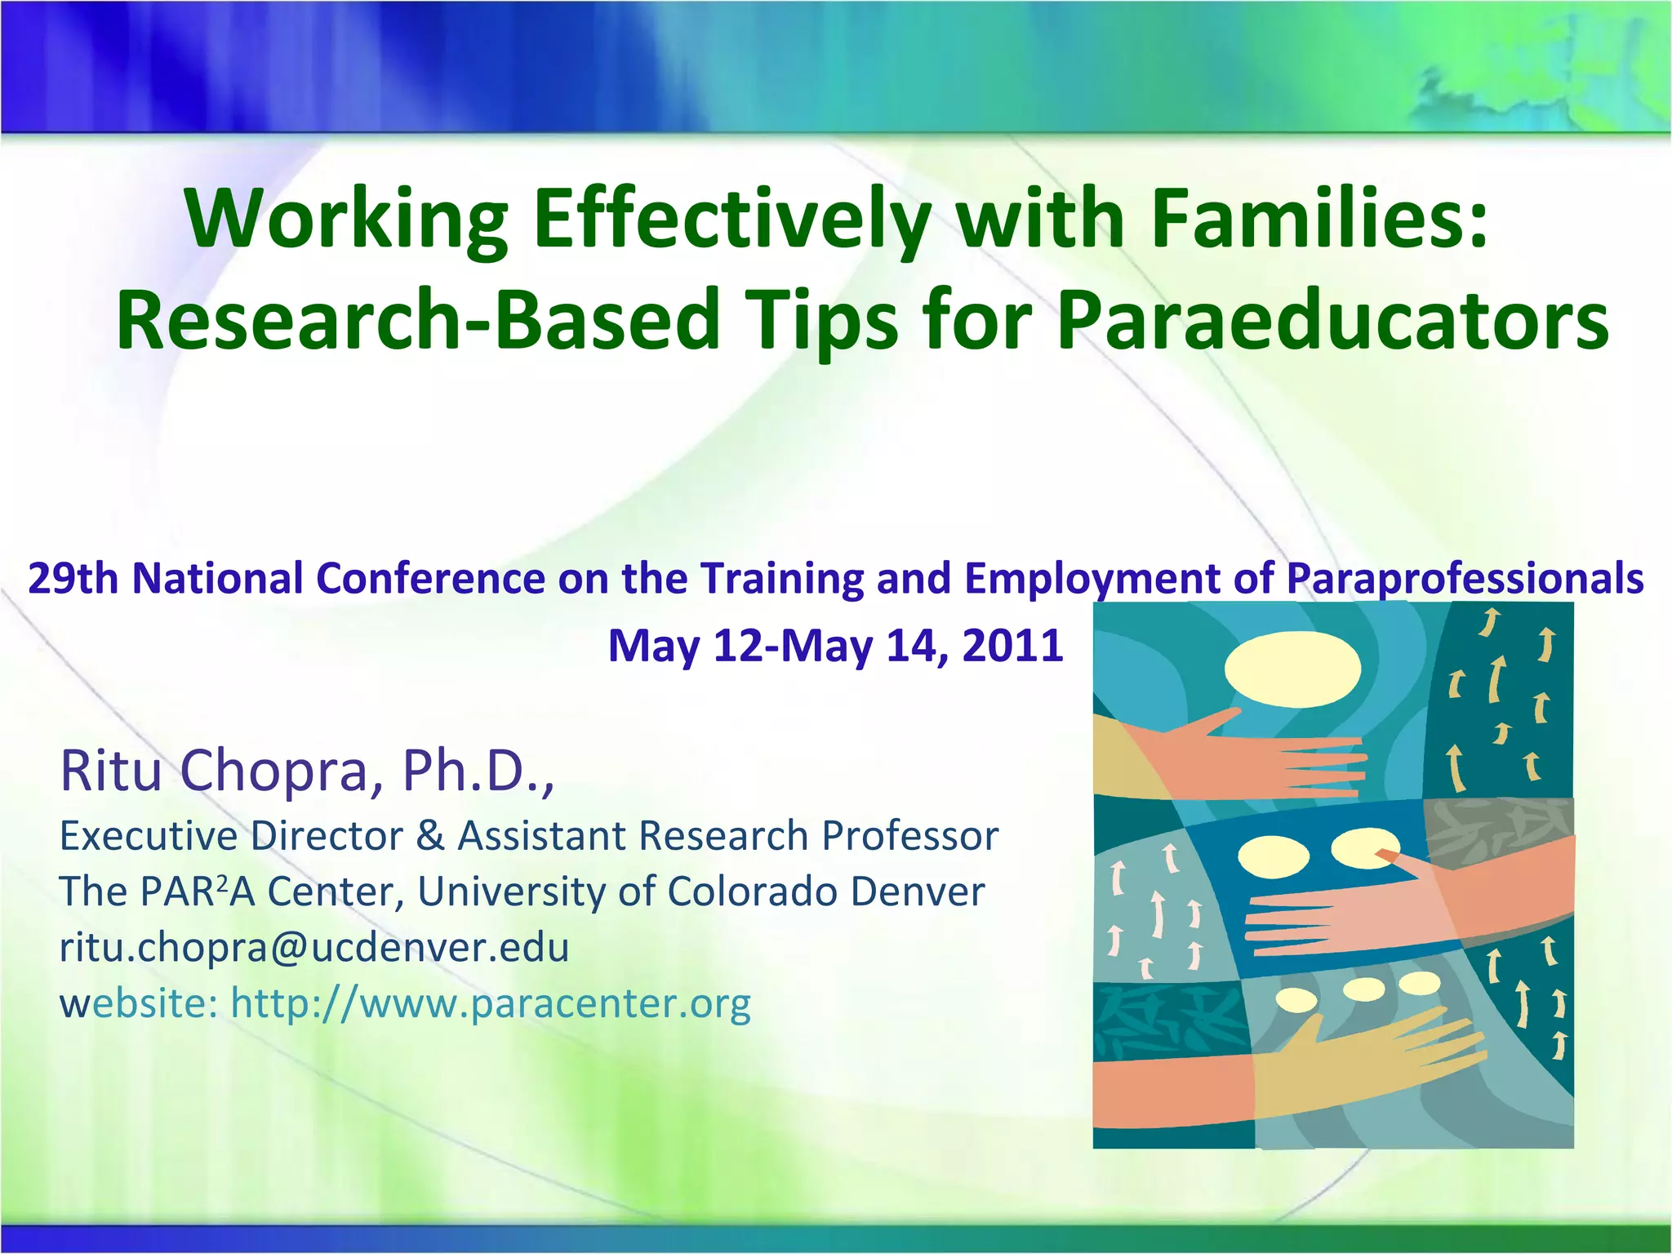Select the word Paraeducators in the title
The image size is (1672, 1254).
pos(1332,320)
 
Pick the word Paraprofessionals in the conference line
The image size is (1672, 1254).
pos(1465,579)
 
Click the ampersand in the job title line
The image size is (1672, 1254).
pos(430,836)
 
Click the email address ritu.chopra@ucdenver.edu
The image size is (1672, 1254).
pos(314,947)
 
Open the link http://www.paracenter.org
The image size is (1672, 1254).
pos(491,1003)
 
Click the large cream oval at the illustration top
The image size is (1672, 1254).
pos(1292,669)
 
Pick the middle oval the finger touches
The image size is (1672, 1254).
pos(1364,848)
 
